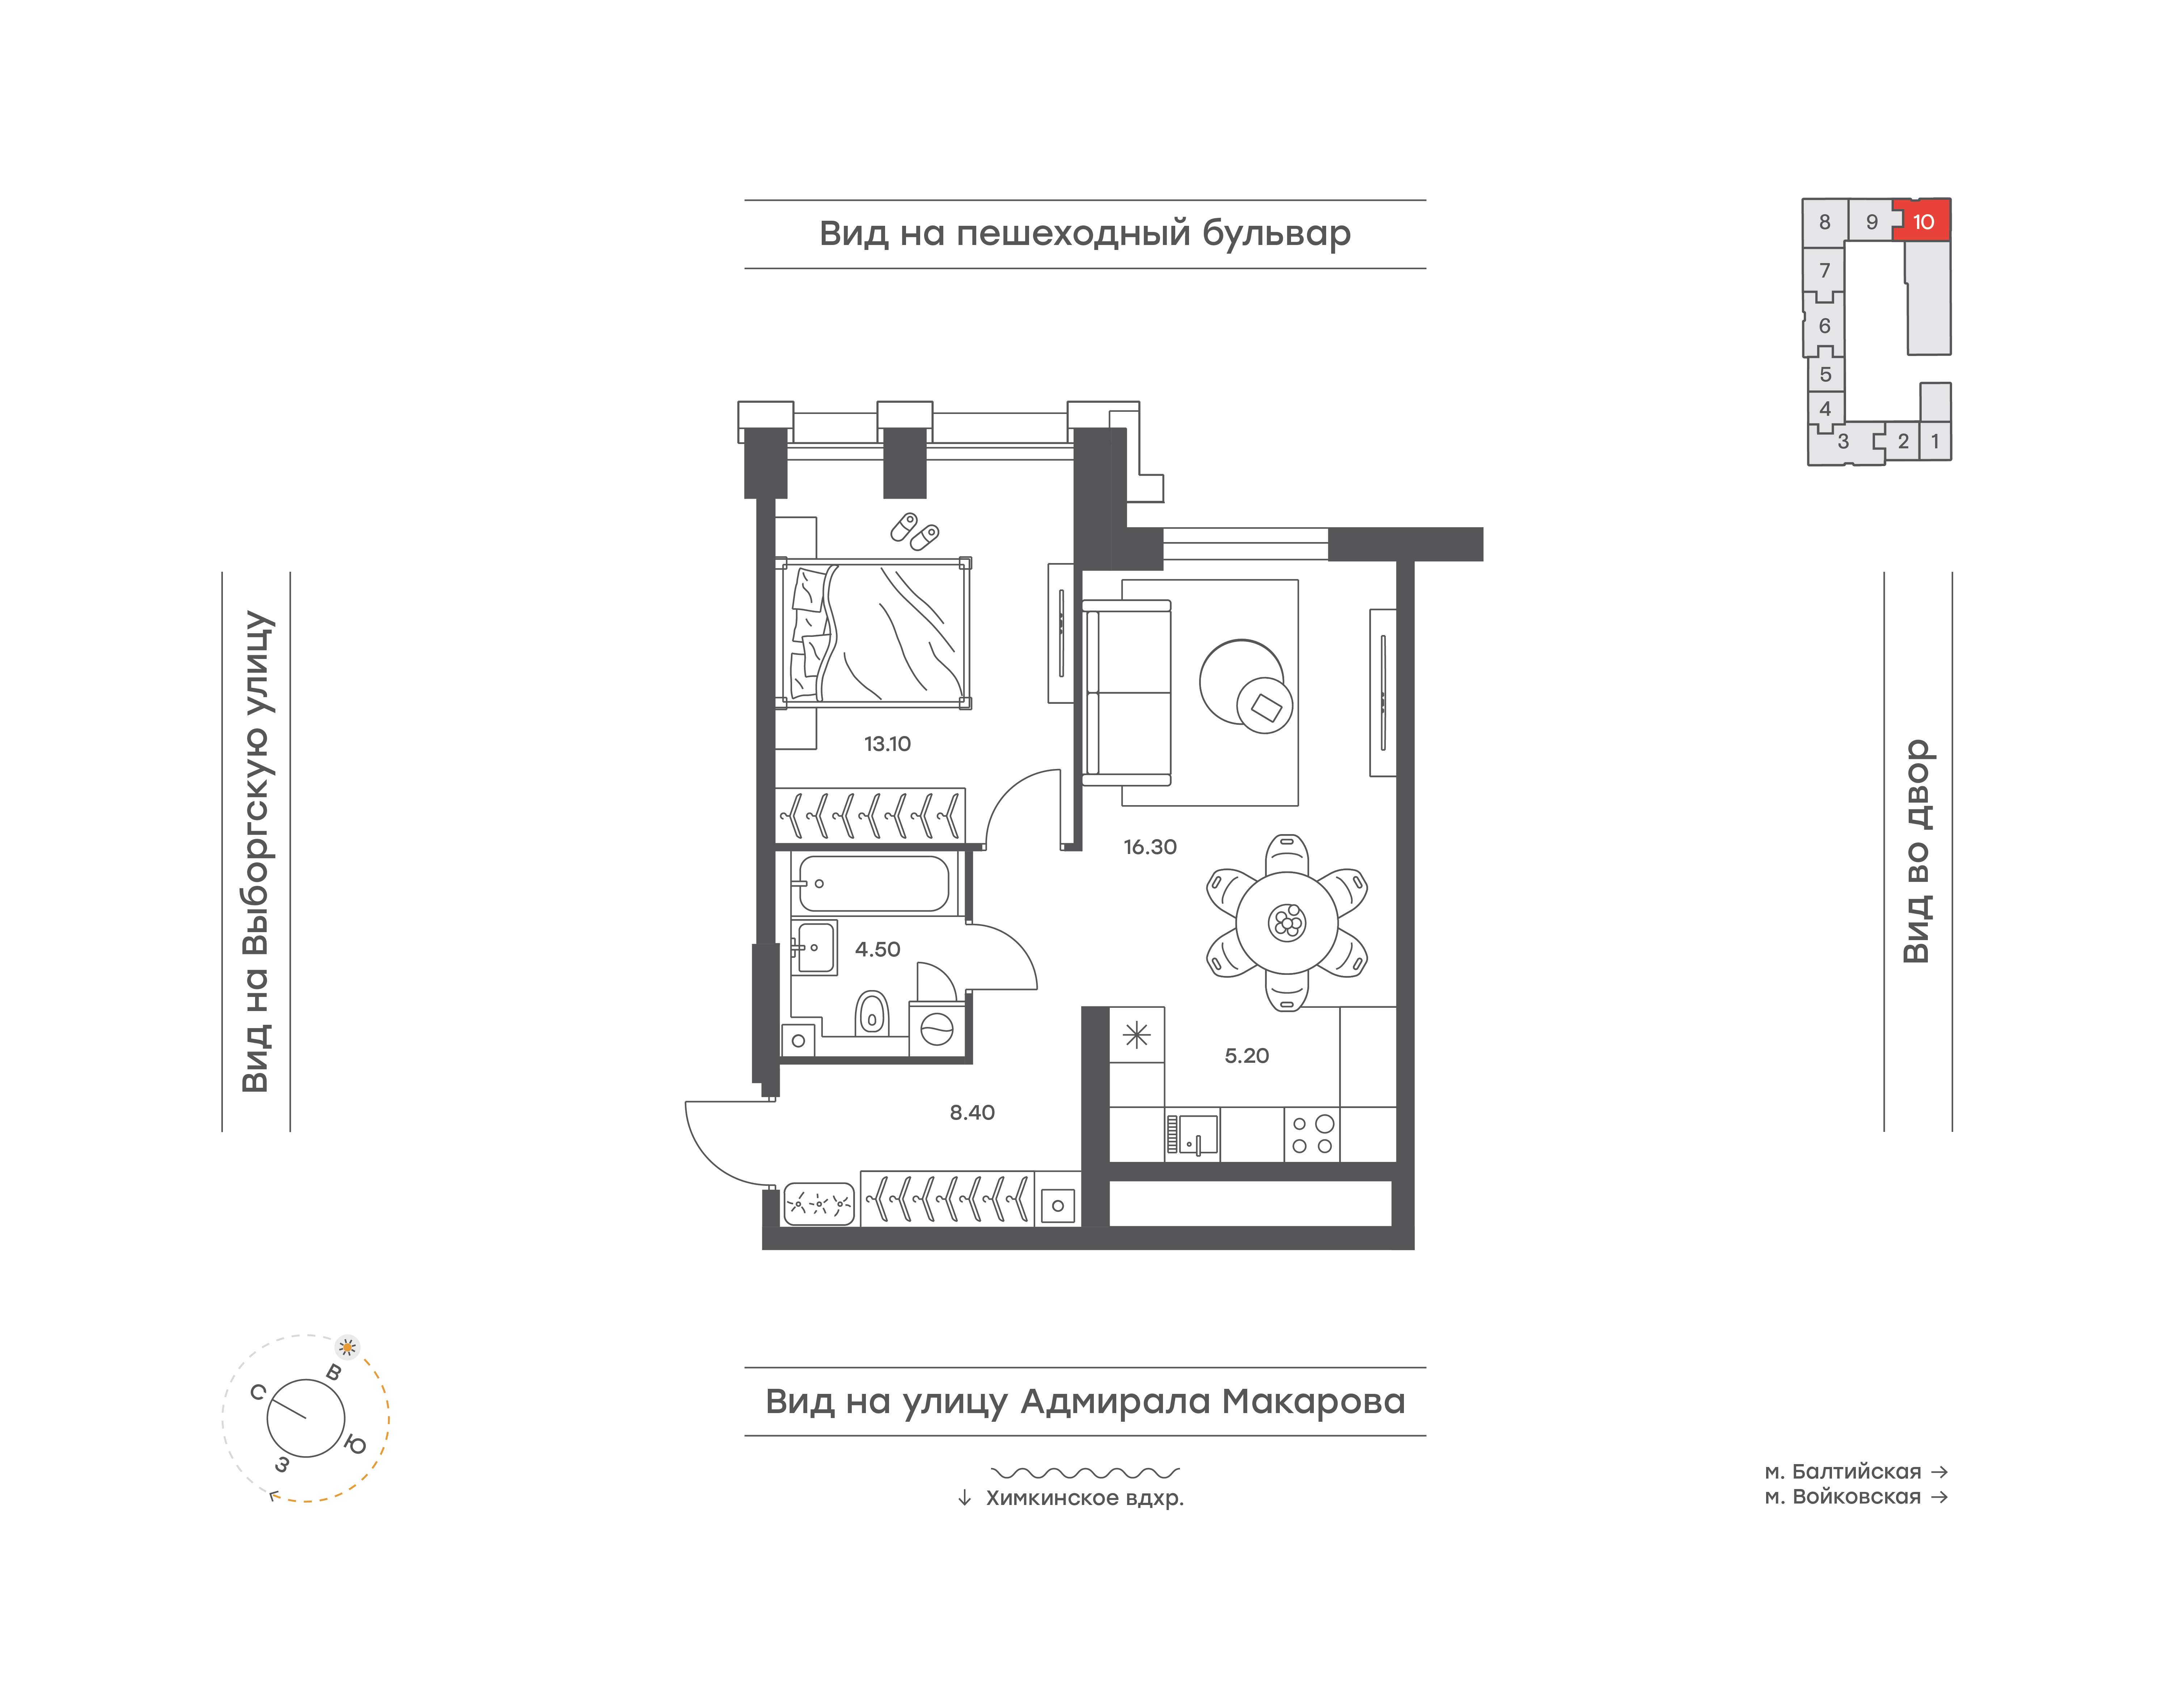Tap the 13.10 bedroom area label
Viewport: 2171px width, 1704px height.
pyautogui.click(x=887, y=743)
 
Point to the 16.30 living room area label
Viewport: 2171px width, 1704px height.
pyautogui.click(x=1149, y=847)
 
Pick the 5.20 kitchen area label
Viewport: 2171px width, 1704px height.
pyautogui.click(x=1246, y=1056)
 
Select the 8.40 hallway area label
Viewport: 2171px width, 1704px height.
pyautogui.click(x=972, y=1112)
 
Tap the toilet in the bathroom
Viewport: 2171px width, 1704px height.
pyautogui.click(x=872, y=1012)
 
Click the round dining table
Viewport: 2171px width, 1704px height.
pyautogui.click(x=1287, y=923)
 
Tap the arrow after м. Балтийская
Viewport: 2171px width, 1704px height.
pyautogui.click(x=1939, y=1472)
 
